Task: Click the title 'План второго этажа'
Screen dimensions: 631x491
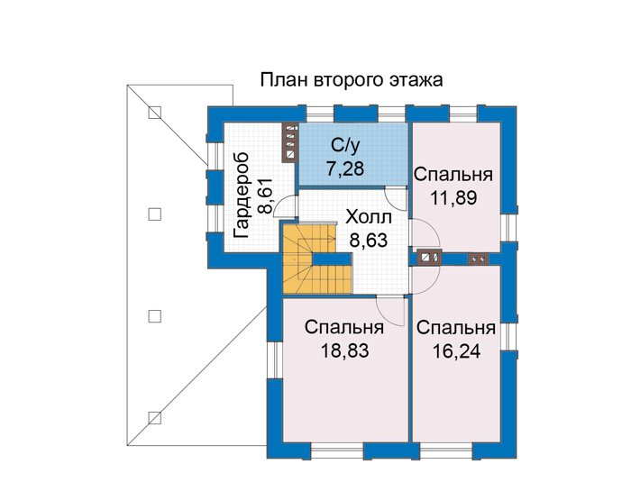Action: click(x=352, y=81)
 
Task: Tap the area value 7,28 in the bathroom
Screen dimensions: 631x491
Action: click(x=345, y=168)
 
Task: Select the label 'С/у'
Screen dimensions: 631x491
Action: click(x=345, y=146)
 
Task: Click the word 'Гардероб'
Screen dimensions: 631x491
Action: click(x=241, y=195)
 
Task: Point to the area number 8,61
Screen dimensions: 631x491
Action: click(x=265, y=195)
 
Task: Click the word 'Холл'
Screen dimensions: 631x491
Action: click(x=369, y=217)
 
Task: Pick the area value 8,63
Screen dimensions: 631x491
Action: click(x=369, y=241)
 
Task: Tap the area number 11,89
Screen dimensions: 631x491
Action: click(x=453, y=198)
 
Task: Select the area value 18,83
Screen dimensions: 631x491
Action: click(x=344, y=351)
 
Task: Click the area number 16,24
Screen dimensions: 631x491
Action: click(x=456, y=351)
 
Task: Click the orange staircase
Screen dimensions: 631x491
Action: click(x=310, y=259)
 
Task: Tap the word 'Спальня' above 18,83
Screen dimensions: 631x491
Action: click(x=344, y=327)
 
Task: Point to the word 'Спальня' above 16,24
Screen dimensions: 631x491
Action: click(x=456, y=328)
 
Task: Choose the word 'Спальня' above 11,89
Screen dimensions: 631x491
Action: click(x=453, y=176)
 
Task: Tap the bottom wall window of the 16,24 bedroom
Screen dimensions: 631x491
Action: click(x=446, y=450)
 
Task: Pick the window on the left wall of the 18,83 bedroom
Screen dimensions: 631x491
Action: click(x=275, y=359)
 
